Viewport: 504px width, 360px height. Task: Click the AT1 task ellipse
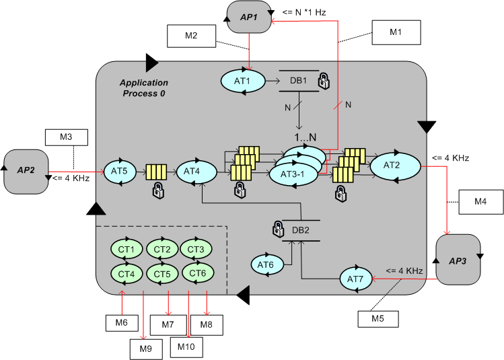point(241,81)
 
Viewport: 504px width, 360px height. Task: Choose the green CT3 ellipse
point(196,249)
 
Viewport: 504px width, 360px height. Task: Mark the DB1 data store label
point(298,81)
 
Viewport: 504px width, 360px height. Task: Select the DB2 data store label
point(301,229)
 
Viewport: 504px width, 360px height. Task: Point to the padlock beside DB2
point(277,229)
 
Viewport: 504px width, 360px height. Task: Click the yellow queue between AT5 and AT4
point(157,172)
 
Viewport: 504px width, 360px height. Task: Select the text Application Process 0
point(143,87)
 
